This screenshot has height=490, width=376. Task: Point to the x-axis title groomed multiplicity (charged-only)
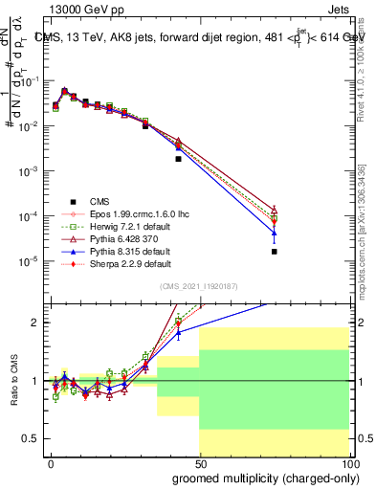click(x=260, y=477)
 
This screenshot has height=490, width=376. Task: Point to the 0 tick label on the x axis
click(x=51, y=462)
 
